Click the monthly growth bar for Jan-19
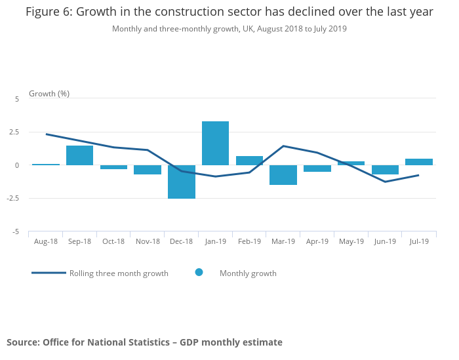[x=215, y=143]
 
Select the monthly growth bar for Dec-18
[x=181, y=182]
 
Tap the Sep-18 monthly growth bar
[x=79, y=155]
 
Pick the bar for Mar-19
[x=283, y=175]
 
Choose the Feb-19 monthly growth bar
[x=249, y=161]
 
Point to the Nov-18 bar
[x=148, y=170]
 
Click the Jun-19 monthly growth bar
[x=385, y=170]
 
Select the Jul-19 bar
[x=419, y=162]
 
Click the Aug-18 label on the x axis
[x=46, y=241]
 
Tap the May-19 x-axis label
[x=351, y=241]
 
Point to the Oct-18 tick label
[x=113, y=241]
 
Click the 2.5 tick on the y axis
[x=14, y=132]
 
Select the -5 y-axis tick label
[x=15, y=231]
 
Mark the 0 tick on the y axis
[x=17, y=165]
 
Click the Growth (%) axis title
[x=49, y=94]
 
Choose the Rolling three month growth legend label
[x=119, y=273]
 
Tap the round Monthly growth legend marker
[x=199, y=272]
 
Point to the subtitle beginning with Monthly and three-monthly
[x=229, y=29]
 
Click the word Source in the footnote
[x=22, y=342]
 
